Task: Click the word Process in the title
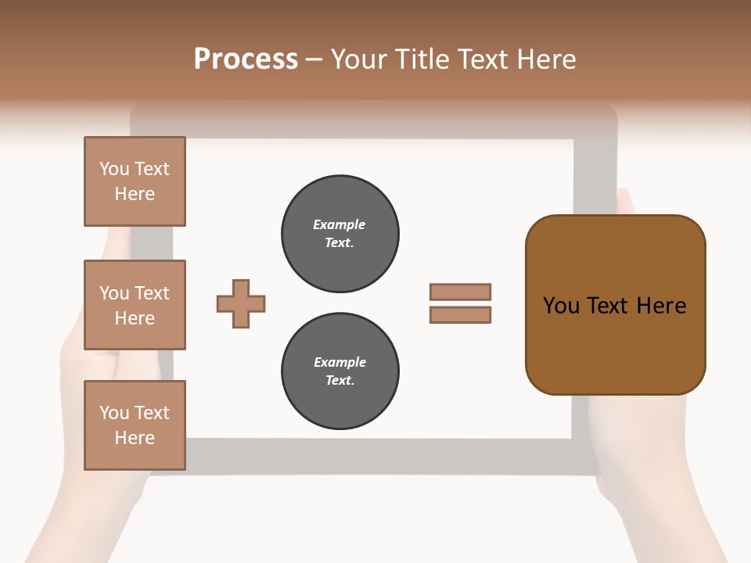pyautogui.click(x=246, y=59)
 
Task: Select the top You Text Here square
pyautogui.click(x=135, y=181)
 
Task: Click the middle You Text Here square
pyautogui.click(x=135, y=305)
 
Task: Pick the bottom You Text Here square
pyautogui.click(x=135, y=425)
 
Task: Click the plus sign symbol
pyautogui.click(x=241, y=303)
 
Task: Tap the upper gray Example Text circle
pyautogui.click(x=340, y=234)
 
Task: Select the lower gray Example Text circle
pyautogui.click(x=340, y=371)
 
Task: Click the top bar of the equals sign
pyautogui.click(x=460, y=292)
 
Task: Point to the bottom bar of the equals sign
pyautogui.click(x=460, y=314)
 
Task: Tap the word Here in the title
pyautogui.click(x=545, y=59)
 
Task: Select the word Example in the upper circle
pyautogui.click(x=340, y=224)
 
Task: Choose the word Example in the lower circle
pyautogui.click(x=340, y=362)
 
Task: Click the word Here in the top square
pyautogui.click(x=135, y=194)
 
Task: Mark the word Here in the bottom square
pyautogui.click(x=135, y=438)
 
